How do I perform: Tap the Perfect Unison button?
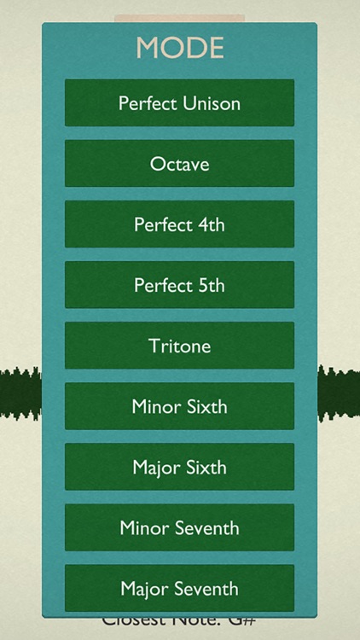pos(179,103)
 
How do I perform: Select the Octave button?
pos(179,164)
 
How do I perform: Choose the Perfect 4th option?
pos(179,224)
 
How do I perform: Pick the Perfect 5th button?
pos(179,285)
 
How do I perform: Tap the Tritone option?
pos(179,346)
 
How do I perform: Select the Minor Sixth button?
pos(179,406)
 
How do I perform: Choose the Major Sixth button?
pos(179,467)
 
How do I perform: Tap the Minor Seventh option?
pos(179,527)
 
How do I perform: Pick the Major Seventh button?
pos(179,588)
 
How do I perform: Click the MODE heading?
pos(180,48)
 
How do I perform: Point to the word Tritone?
pos(179,346)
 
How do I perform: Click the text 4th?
pos(208,224)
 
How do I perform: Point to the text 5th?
pos(208,285)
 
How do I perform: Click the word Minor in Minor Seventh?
pos(145,527)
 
